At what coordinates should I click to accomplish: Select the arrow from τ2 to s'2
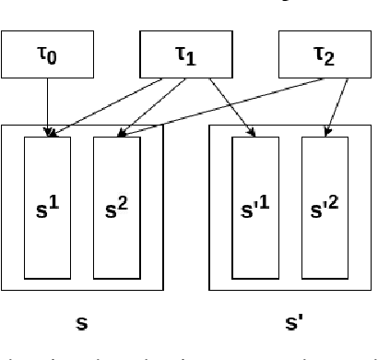point(338,107)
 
